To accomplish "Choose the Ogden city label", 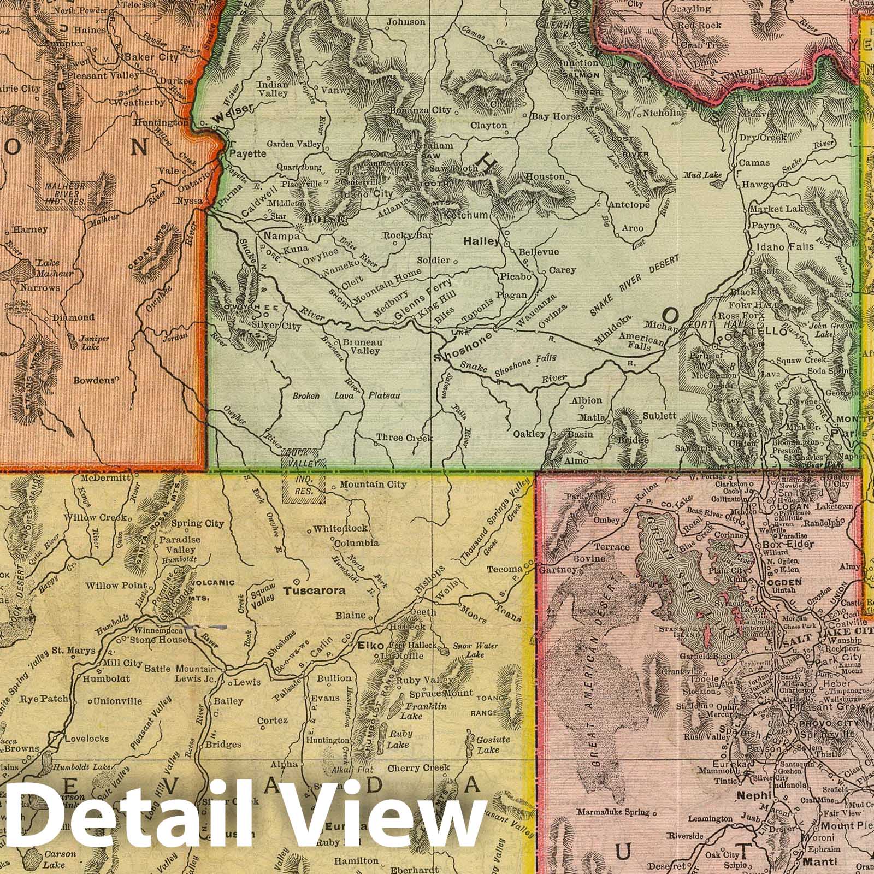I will coord(786,582).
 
